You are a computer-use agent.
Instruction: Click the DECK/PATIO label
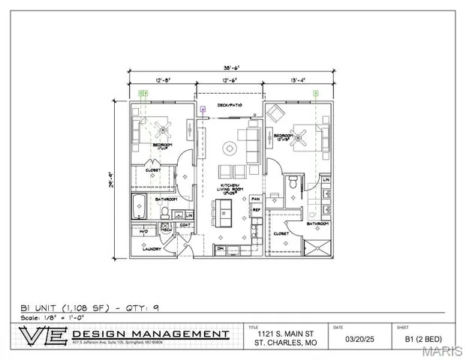click(228, 105)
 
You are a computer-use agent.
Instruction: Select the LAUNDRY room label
click(152, 249)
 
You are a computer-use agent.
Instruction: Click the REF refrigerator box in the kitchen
click(256, 211)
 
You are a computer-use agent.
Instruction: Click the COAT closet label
click(183, 224)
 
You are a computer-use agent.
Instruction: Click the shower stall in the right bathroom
click(320, 247)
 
